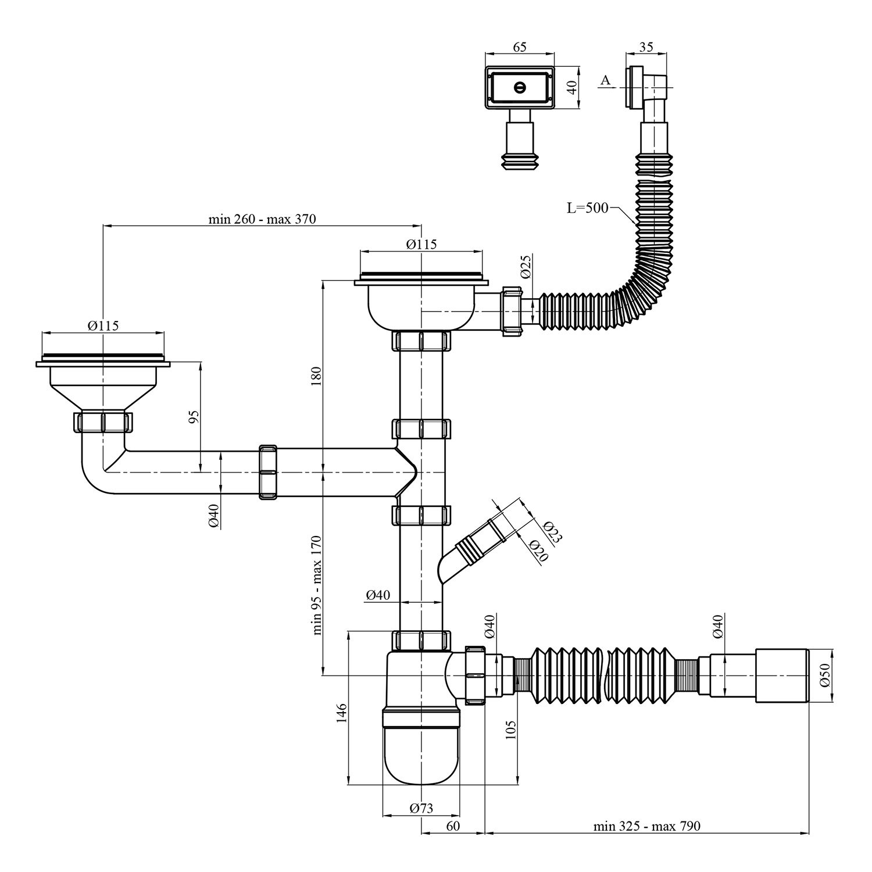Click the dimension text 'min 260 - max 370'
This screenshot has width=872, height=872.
262,219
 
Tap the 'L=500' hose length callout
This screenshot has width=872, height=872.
588,207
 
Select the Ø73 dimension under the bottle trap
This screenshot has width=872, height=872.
421,807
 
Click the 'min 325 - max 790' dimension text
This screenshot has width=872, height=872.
646,825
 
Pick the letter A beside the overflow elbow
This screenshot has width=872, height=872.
605,80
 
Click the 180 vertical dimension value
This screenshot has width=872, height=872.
316,378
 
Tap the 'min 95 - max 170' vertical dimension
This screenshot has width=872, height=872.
317,585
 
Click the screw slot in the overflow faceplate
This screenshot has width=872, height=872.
520,88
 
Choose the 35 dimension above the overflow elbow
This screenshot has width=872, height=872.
646,47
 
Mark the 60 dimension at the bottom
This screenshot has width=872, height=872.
453,825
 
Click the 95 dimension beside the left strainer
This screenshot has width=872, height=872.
194,416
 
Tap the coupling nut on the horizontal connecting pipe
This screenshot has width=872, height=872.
267,471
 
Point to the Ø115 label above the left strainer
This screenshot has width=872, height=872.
103,326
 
